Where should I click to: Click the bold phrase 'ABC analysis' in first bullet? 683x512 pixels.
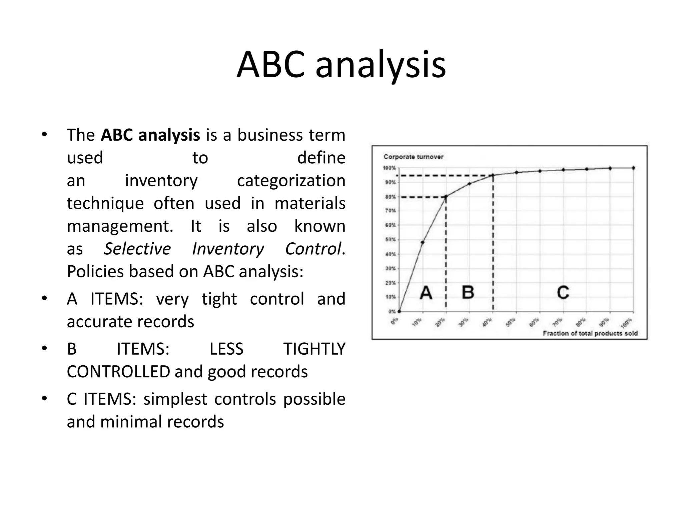click(x=150, y=135)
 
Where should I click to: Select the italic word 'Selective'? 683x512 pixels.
click(x=137, y=249)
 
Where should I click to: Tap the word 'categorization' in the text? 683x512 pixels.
click(x=291, y=181)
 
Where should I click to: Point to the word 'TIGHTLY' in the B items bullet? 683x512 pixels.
click(x=314, y=349)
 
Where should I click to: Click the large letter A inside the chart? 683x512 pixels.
click(x=426, y=293)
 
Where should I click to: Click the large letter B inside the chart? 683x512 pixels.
click(x=468, y=292)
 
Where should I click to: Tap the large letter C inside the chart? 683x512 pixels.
click(x=563, y=292)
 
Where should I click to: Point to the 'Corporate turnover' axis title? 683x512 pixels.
click(x=413, y=157)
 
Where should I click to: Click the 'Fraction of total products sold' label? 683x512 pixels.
click(x=590, y=333)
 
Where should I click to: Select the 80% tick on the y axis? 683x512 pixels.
click(x=390, y=197)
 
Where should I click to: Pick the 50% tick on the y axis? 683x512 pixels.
click(x=390, y=240)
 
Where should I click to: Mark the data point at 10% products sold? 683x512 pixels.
click(x=423, y=242)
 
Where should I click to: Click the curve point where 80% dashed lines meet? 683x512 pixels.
click(x=446, y=197)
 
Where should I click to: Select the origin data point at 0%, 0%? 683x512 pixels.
click(x=399, y=311)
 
